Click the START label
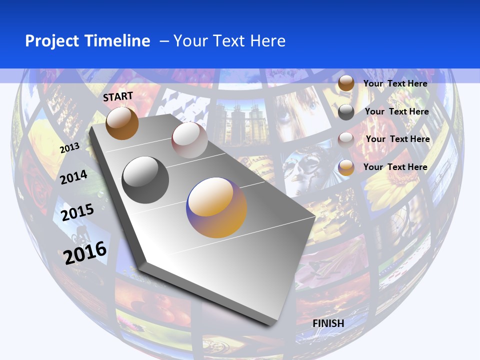click(118, 96)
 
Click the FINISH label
click(328, 323)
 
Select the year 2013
click(69, 148)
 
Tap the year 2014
click(73, 177)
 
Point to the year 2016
click(85, 252)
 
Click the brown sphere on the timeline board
click(122, 123)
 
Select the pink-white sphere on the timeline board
click(189, 140)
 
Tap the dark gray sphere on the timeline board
click(145, 180)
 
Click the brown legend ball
click(345, 83)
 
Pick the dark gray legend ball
click(346, 112)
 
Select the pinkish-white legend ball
click(345, 139)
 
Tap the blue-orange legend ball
click(345, 167)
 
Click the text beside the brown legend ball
click(395, 83)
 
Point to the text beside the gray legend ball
click(396, 111)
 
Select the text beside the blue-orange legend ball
click(395, 167)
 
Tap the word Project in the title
click(51, 41)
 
